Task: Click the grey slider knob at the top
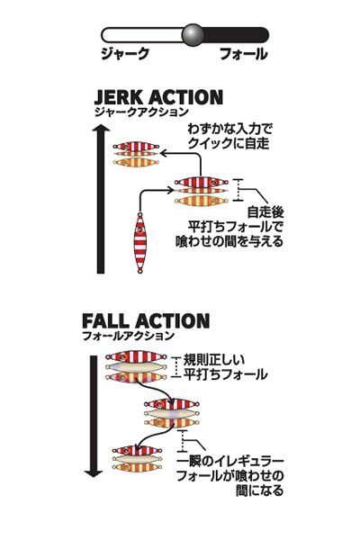point(193,35)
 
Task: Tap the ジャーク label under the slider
point(125,54)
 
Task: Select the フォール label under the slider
point(243,54)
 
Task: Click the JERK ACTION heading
point(158,97)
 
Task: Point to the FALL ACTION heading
point(146,321)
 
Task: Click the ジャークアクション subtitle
point(141,112)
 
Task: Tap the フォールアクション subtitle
point(128,336)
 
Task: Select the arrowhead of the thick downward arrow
point(94,472)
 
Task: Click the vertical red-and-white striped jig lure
point(140,243)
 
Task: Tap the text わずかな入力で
point(229,129)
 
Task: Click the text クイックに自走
point(229,143)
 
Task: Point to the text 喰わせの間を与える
point(229,241)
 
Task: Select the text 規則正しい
point(214,360)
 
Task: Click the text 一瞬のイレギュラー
point(230,461)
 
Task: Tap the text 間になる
point(260,490)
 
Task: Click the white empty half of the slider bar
point(142,35)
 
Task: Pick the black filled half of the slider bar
point(236,35)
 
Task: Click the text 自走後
point(265,211)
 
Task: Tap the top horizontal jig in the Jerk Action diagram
point(137,147)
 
